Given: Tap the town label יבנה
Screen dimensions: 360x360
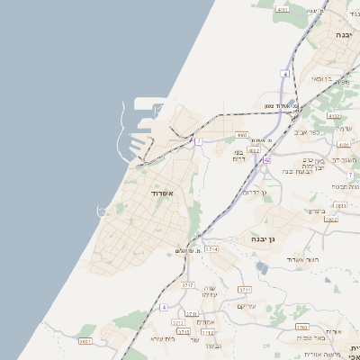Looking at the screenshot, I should pos(344,34).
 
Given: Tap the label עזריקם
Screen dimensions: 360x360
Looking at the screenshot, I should pos(247,306).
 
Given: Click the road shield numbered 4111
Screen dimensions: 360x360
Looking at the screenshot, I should pos(283,10).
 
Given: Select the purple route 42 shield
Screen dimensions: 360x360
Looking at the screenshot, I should pos(266,159).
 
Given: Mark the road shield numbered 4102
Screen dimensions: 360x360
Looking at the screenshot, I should pos(335,115).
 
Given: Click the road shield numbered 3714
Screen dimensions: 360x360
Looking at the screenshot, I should pos(211,248).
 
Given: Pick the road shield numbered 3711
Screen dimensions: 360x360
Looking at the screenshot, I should pos(244,289).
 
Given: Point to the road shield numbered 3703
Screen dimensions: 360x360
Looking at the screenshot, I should pos(301,328).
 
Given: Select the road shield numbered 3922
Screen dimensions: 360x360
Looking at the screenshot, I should pos(330,219).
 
